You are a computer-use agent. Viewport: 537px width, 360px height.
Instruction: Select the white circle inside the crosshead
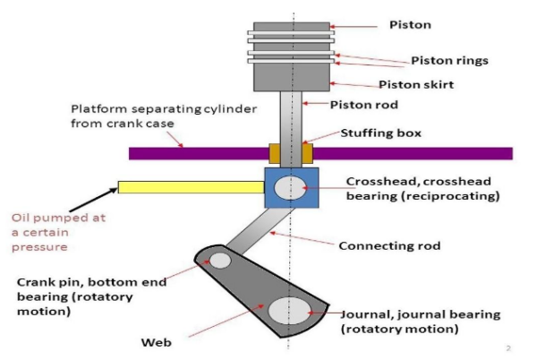coord(290,188)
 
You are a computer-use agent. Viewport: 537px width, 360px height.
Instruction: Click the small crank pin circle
coord(219,261)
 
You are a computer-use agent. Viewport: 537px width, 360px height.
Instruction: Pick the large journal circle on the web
coord(288,313)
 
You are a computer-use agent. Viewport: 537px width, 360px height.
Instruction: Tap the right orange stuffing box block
coord(306,153)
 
